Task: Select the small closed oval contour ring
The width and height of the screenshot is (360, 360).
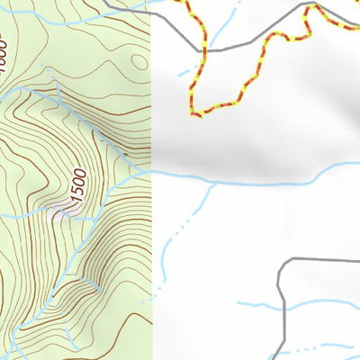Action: tap(138, 61)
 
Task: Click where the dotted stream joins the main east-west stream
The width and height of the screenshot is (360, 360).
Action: tap(212, 184)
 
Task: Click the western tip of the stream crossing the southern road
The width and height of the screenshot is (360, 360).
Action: tap(238, 303)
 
